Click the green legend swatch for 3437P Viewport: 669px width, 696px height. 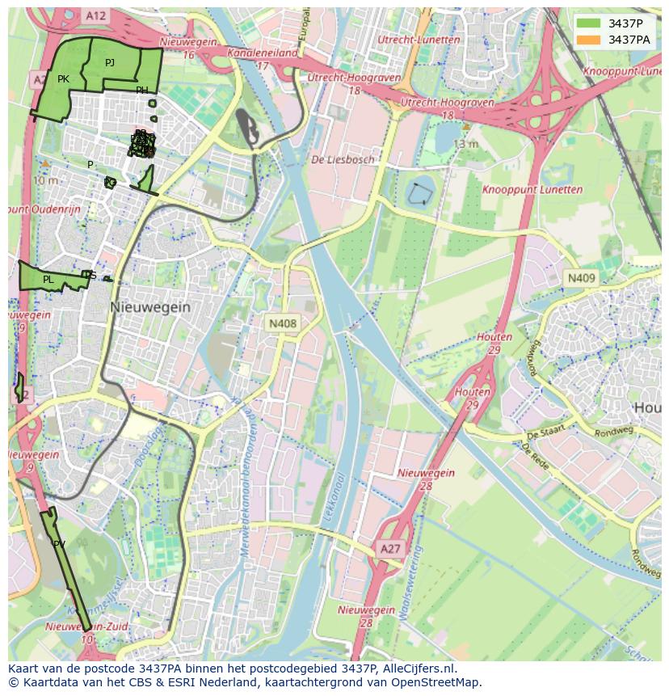click(x=588, y=23)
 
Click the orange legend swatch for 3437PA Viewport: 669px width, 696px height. click(x=588, y=40)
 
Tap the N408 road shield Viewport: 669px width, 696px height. click(x=283, y=323)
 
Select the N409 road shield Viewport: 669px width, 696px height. click(x=580, y=278)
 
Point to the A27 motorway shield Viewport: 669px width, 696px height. click(x=390, y=549)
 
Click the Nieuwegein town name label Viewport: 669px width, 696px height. click(x=150, y=307)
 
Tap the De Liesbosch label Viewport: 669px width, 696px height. click(x=343, y=159)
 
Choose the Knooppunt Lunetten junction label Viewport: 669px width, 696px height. click(x=532, y=190)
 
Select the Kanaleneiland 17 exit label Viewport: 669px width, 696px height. click(x=263, y=58)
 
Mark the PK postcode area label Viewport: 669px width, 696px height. click(x=63, y=79)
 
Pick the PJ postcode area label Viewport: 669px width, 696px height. click(x=110, y=62)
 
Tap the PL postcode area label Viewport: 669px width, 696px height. click(x=48, y=280)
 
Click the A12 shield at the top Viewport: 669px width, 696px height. click(x=95, y=15)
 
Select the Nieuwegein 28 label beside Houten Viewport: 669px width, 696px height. click(x=426, y=479)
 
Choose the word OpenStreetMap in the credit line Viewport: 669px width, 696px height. click(x=435, y=682)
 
